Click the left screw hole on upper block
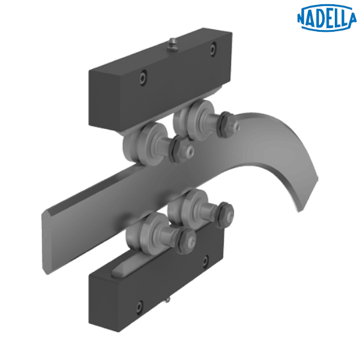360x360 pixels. point(142,76)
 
